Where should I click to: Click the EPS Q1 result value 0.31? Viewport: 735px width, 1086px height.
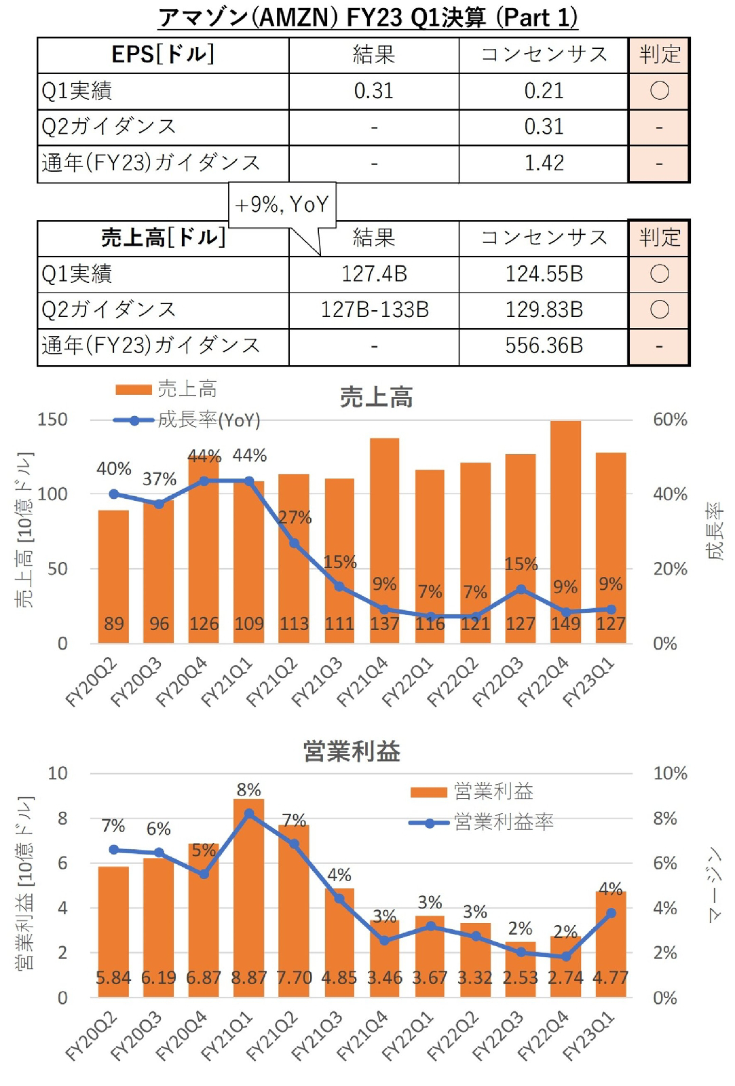coord(373,91)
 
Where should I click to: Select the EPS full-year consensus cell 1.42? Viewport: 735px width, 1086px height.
coord(544,163)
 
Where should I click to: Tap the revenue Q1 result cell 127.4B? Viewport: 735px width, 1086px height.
coord(374,274)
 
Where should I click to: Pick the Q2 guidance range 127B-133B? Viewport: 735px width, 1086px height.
coord(374,310)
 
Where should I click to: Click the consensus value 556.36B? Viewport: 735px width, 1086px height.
coord(544,346)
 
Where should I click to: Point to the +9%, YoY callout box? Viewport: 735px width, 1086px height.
coord(283,204)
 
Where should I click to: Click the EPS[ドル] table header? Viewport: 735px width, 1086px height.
coord(163,55)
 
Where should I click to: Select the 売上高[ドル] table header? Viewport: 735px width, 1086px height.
coord(163,238)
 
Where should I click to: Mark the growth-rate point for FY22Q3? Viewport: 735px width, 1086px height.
coord(521,589)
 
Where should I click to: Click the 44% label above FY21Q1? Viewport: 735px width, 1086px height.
coord(250,455)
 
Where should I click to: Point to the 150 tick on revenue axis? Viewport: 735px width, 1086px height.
coord(53,419)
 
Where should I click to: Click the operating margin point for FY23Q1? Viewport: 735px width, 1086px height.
coord(611,913)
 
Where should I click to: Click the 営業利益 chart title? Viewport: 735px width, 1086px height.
coord(352,751)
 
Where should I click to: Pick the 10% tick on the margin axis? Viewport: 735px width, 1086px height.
coord(670,773)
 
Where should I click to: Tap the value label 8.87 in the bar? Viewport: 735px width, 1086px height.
coord(248,978)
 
